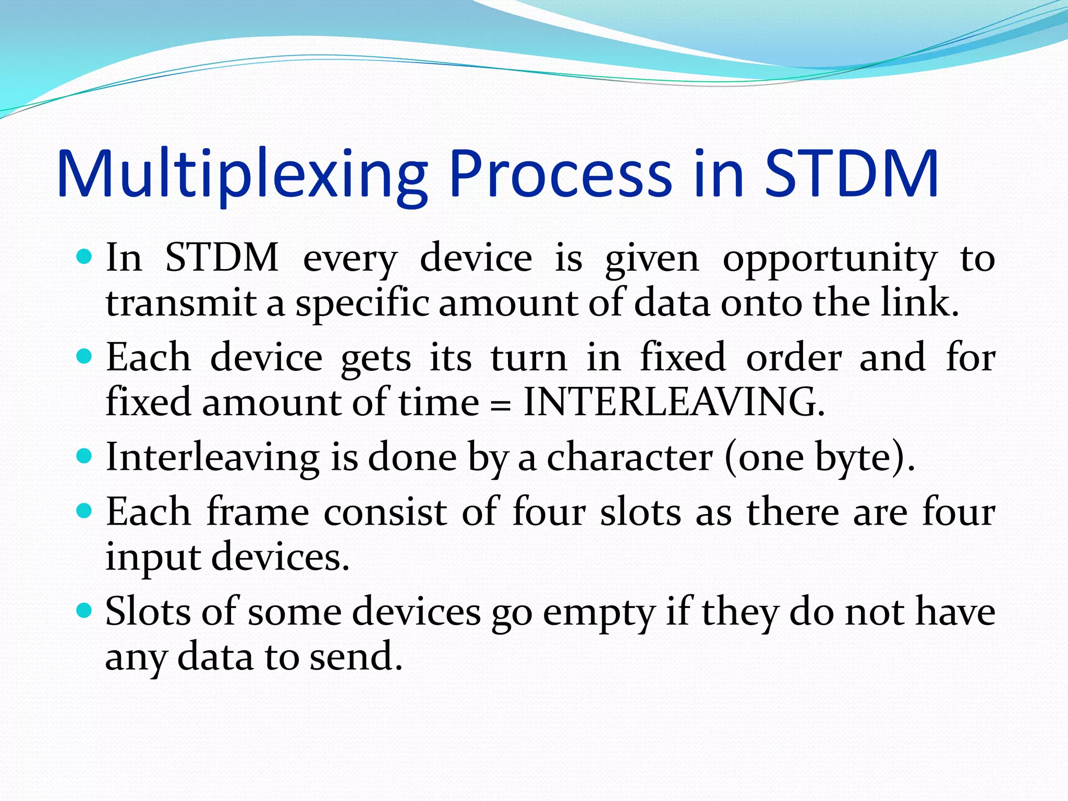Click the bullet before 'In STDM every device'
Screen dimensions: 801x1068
[84, 257]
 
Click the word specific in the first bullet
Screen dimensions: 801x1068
[362, 304]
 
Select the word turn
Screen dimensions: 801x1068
[528, 358]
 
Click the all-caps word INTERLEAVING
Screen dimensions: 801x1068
[673, 403]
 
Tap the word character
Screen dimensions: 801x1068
[629, 458]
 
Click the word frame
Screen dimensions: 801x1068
[258, 512]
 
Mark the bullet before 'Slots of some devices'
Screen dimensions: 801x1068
[84, 610]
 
